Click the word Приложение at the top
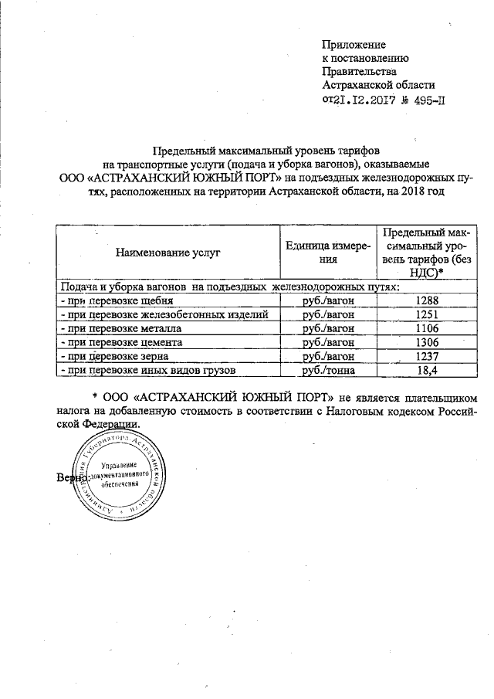point(354,45)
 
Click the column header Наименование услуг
point(167,252)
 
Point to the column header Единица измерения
point(330,253)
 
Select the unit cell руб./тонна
point(330,371)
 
